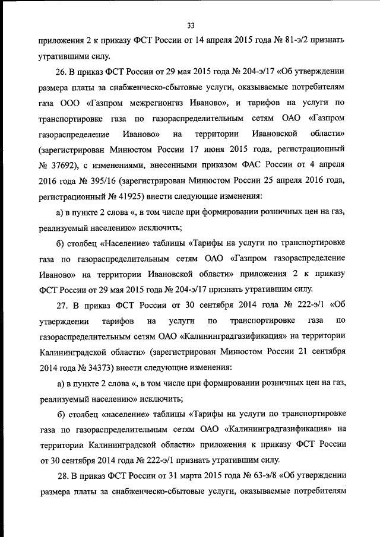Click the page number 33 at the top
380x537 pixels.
click(190, 25)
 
